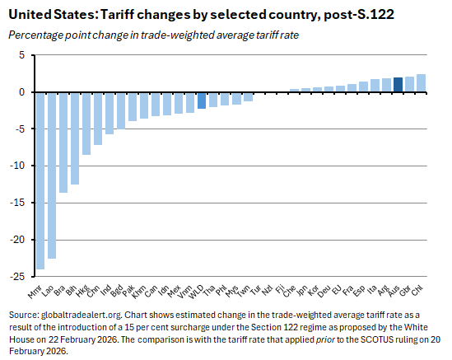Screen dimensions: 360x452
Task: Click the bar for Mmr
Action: click(40, 180)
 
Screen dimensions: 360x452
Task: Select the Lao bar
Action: click(51, 175)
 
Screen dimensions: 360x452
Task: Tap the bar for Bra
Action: click(63, 143)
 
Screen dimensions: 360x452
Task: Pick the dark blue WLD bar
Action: click(202, 101)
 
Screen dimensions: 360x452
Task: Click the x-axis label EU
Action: click(339, 288)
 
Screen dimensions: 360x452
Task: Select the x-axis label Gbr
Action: click(408, 289)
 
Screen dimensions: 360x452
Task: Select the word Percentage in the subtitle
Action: click(34, 33)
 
